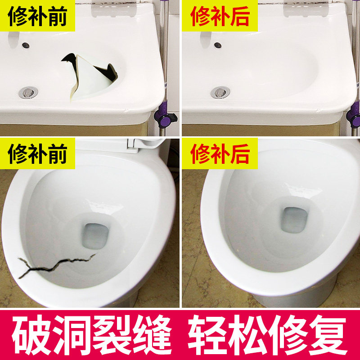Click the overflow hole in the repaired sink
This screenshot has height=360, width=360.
[218, 45]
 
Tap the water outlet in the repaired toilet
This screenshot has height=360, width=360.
[294, 220]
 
